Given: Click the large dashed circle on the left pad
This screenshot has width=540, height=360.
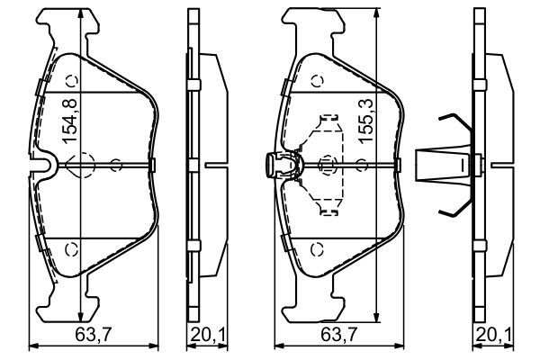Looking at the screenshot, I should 80,166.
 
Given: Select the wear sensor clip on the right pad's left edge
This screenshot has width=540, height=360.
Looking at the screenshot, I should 280,165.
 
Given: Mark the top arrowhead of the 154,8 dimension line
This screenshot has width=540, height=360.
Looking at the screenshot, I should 81,11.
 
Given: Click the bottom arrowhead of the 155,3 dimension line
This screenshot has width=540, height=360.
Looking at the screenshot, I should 372,319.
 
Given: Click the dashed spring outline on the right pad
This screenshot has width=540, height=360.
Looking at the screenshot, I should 325,165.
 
